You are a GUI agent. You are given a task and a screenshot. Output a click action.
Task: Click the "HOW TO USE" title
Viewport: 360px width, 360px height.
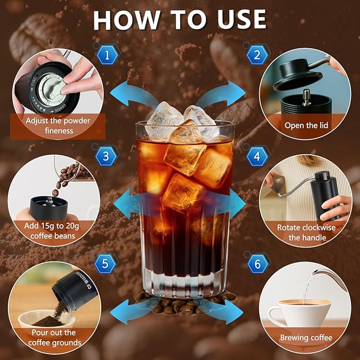pyautogui.click(x=180, y=20)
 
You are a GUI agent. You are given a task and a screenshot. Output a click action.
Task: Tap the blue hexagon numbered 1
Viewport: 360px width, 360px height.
pyautogui.click(x=108, y=54)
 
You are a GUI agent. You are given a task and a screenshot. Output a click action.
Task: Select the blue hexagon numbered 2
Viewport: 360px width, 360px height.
pyautogui.click(x=257, y=54)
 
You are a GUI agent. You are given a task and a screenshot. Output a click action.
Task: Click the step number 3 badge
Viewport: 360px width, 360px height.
pyautogui.click(x=106, y=156)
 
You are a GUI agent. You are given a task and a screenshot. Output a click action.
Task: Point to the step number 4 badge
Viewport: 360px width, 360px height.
pyautogui.click(x=257, y=156)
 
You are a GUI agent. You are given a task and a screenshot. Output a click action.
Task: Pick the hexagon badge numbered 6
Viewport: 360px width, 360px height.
pyautogui.click(x=257, y=264)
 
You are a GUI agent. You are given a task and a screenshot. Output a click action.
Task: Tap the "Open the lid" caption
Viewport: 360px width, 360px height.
pyautogui.click(x=306, y=125)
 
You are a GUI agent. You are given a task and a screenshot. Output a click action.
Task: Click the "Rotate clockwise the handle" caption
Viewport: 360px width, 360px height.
pyautogui.click(x=306, y=233)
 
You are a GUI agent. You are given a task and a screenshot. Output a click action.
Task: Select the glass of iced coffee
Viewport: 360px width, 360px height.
pyautogui.click(x=185, y=207)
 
